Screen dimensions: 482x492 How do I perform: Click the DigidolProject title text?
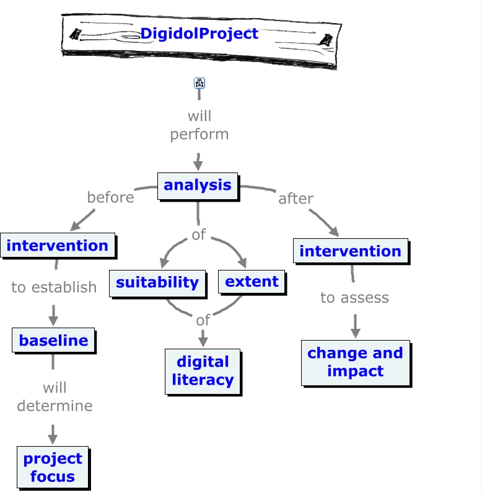(x=199, y=34)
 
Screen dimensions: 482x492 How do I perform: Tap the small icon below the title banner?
(x=199, y=83)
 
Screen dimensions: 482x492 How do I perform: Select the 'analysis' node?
(x=198, y=185)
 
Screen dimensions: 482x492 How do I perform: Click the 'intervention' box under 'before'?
(x=58, y=246)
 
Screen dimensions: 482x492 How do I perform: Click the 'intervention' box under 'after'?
(x=351, y=251)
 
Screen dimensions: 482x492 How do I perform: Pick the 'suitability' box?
(x=157, y=282)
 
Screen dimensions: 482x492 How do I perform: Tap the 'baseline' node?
(x=53, y=340)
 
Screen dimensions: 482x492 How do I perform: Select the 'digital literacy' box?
(x=203, y=371)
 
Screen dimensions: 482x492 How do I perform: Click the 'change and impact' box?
(x=355, y=362)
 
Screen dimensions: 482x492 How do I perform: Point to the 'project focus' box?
(x=53, y=467)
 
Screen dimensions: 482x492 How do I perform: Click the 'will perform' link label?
(x=199, y=125)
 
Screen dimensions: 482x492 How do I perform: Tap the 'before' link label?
(x=110, y=197)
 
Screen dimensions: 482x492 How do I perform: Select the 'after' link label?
(x=296, y=199)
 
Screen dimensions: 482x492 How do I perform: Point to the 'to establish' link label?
(x=54, y=287)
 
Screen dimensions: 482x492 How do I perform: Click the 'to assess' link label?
(x=354, y=298)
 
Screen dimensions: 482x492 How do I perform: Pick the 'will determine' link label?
(x=55, y=397)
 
